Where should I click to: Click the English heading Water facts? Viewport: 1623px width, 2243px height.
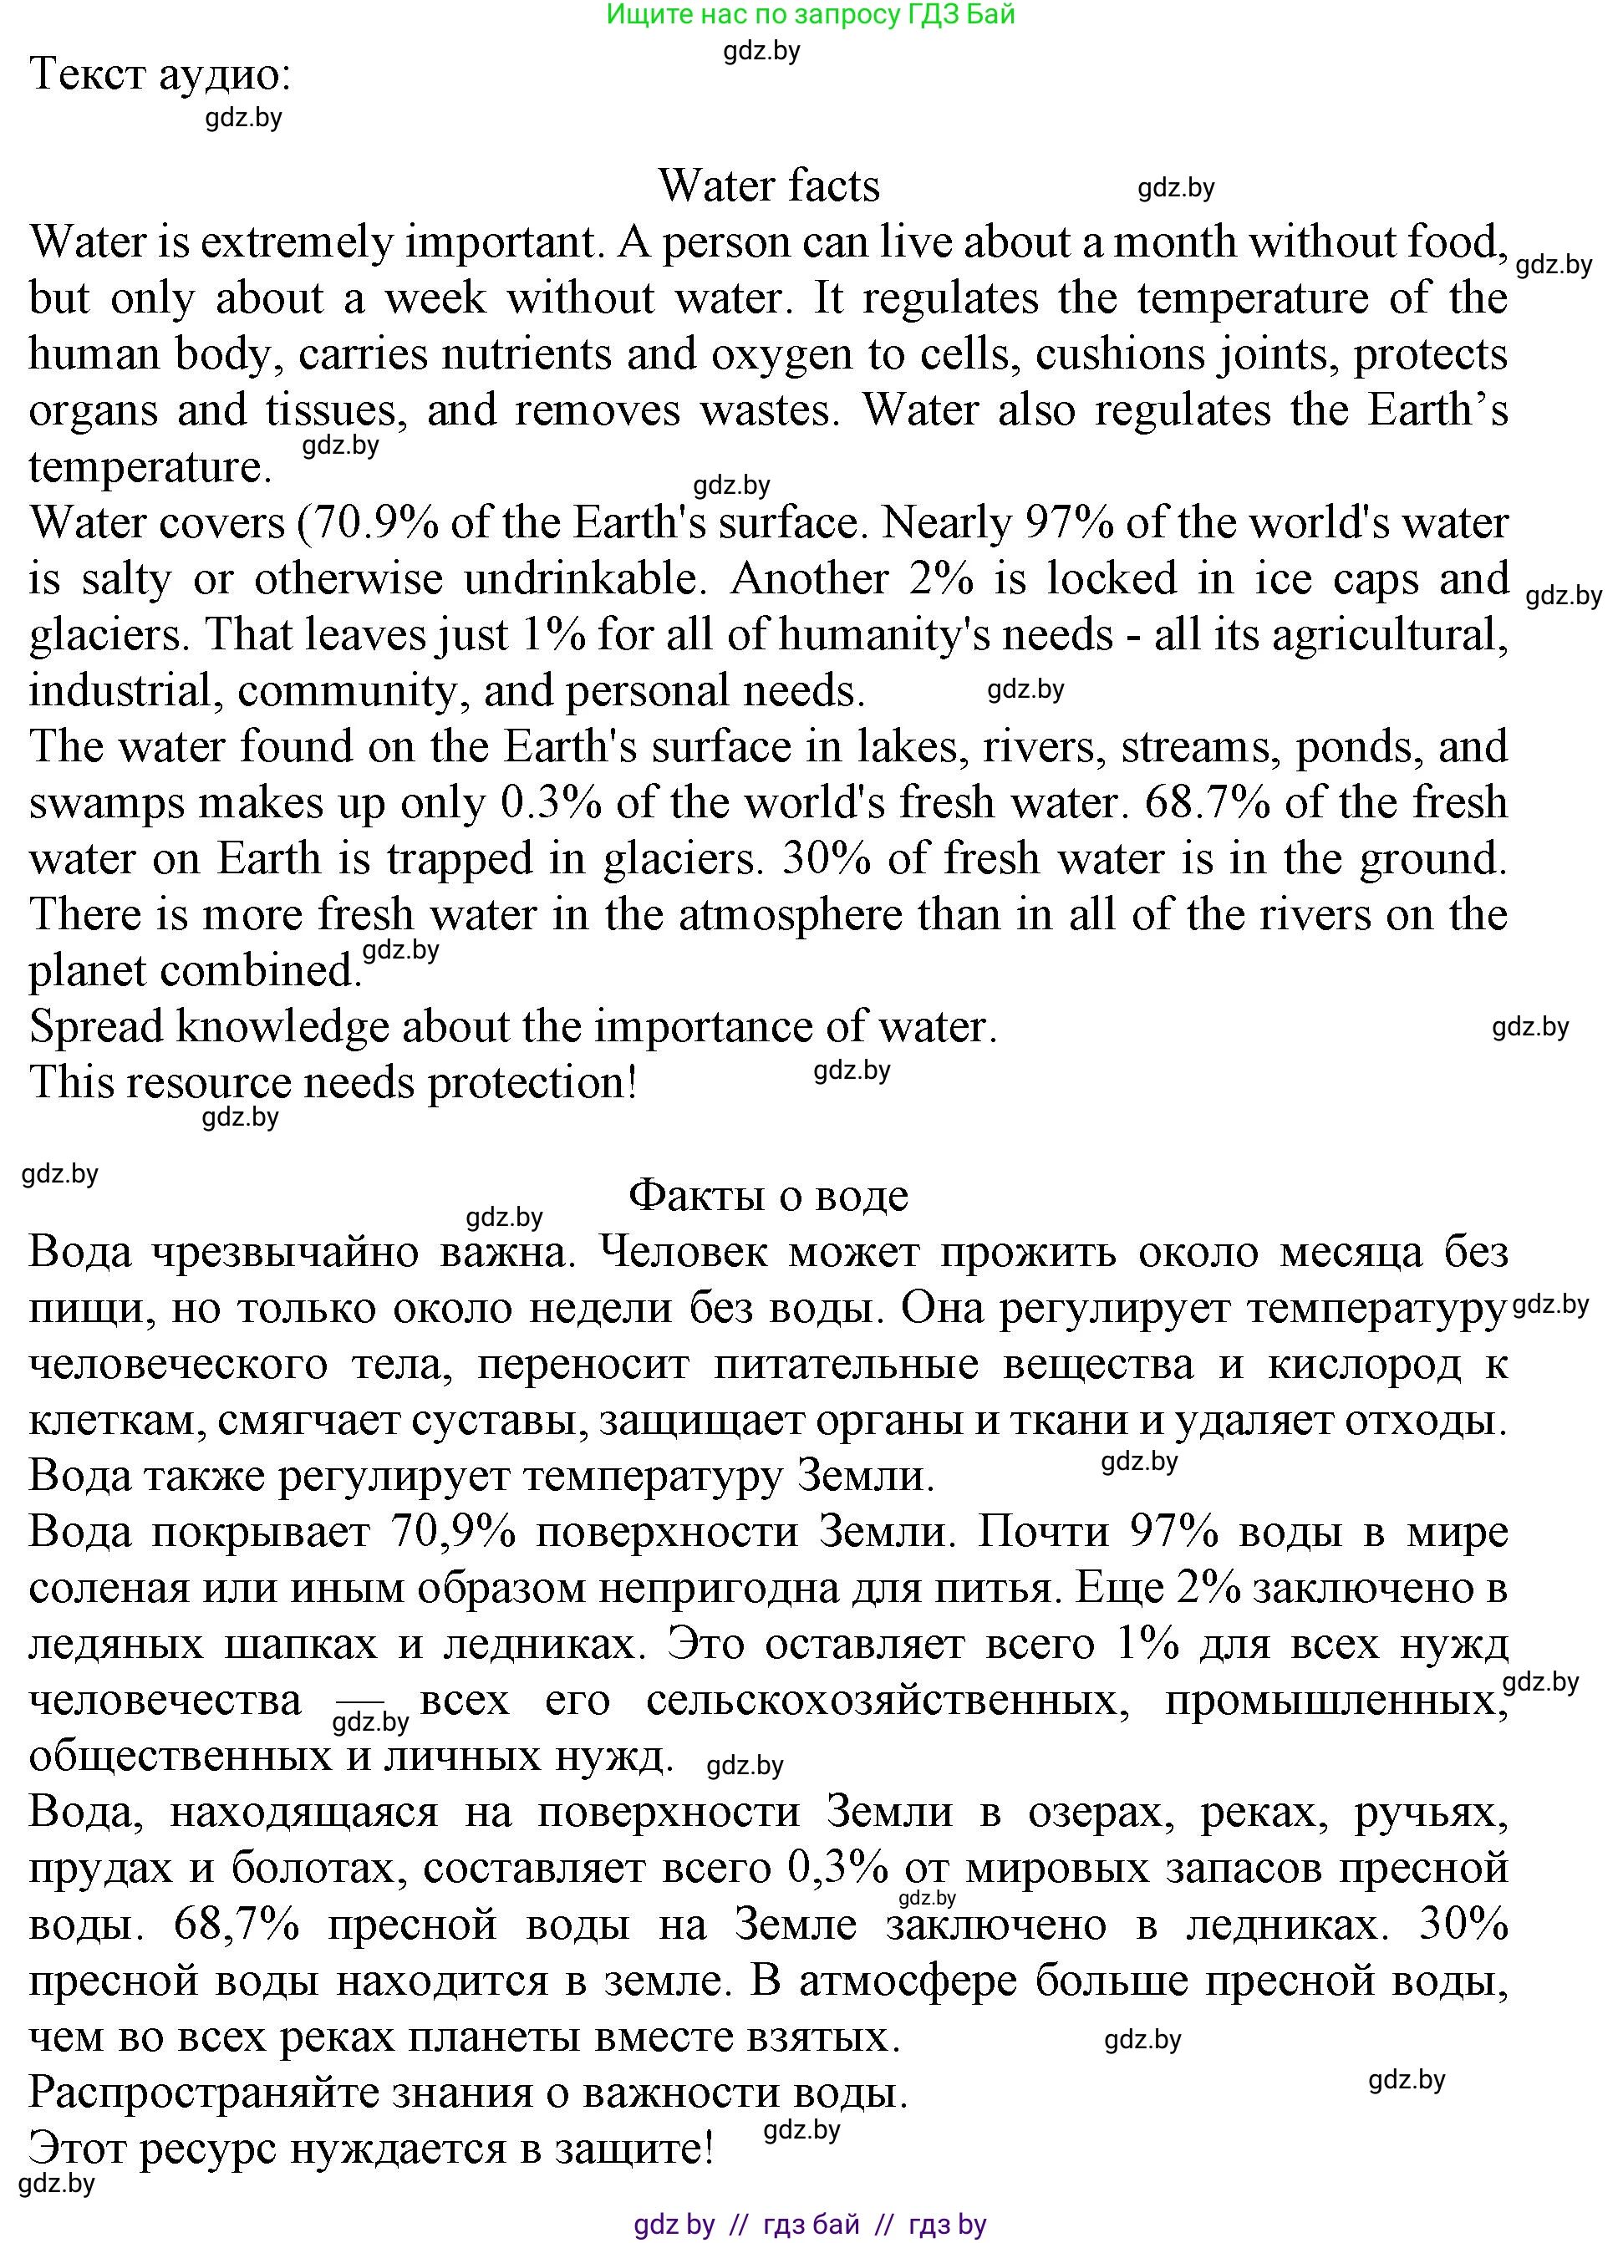coord(769,186)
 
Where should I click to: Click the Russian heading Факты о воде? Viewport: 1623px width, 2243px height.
coord(769,1196)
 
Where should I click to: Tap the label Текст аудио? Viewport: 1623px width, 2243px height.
coord(160,74)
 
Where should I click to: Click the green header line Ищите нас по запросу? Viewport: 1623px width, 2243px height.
coord(810,14)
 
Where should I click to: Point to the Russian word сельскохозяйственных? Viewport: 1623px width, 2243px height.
coord(888,1701)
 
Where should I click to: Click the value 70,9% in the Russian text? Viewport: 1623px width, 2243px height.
coord(454,1532)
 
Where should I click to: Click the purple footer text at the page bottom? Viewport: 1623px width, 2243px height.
coord(810,2225)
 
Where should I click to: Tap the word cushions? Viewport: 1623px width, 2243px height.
coord(1114,355)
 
